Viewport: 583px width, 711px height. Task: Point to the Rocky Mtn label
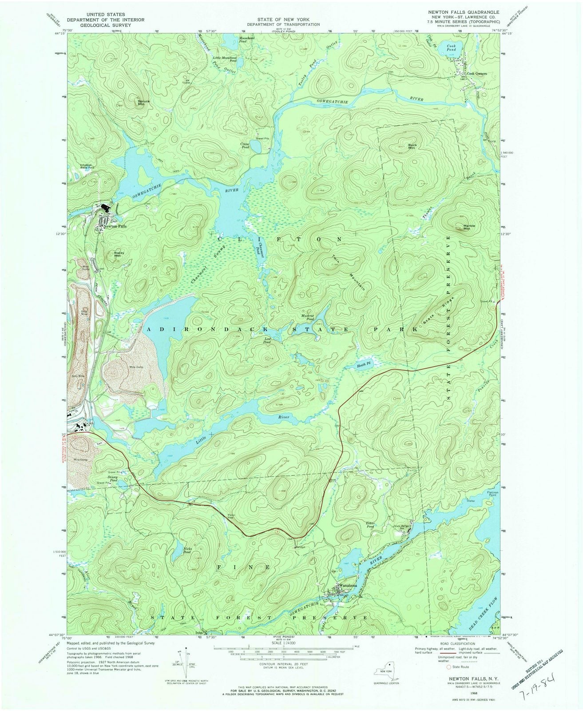[117, 255]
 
